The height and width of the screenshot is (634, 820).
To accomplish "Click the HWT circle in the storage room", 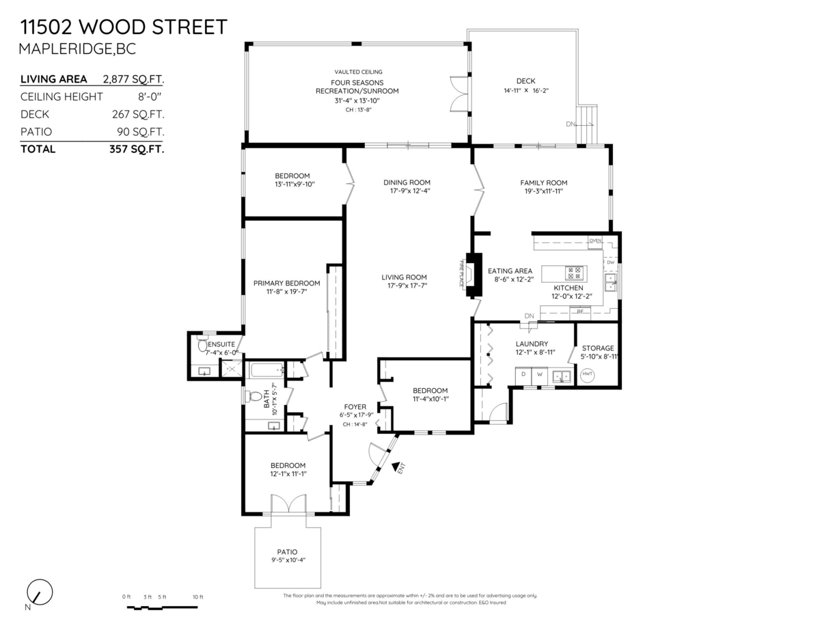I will pos(587,374).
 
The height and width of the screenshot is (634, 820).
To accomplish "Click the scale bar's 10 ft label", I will pos(197,597).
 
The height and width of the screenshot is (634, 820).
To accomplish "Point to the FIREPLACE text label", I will pos(462,273).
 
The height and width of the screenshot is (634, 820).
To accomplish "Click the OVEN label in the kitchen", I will pos(594,240).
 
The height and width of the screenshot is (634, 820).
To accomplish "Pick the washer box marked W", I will pos(539,374).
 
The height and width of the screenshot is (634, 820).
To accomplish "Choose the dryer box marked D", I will pos(523,374).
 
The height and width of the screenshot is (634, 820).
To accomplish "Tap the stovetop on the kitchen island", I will pos(575,273).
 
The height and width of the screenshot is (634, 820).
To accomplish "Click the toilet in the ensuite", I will pos(203,345).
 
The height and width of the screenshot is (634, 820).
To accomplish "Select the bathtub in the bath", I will pos(264,371).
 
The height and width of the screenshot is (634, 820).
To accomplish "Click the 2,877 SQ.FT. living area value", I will pos(133,79).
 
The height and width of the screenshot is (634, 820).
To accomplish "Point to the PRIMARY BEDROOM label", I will pos(286,284).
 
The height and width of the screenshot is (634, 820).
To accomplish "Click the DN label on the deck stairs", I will pos(571,124).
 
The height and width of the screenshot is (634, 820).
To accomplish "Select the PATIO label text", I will pos(287,552).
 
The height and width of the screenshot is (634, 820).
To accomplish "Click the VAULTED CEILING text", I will pos(358,72).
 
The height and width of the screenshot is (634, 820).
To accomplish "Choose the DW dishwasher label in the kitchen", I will pos(610,262).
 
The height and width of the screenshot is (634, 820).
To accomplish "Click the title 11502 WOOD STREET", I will pos(123,27).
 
